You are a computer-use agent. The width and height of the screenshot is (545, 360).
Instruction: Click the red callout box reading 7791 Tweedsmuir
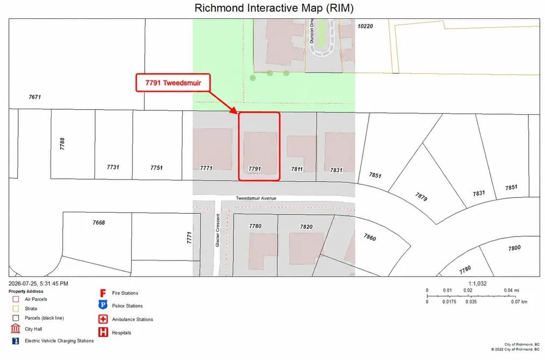173,83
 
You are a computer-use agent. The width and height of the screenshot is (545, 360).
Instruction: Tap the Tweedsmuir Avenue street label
256,198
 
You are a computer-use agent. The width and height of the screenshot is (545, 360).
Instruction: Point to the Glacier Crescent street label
217,230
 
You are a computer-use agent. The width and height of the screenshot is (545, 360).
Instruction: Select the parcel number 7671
35,97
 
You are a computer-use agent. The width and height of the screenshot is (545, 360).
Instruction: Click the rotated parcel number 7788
62,144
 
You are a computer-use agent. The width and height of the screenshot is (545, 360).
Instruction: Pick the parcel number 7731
113,167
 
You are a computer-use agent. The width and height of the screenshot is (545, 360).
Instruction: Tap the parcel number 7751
157,168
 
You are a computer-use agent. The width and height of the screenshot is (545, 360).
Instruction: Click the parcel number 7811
297,169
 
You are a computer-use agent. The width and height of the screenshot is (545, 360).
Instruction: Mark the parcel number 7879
421,196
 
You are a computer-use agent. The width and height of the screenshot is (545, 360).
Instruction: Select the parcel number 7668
98,222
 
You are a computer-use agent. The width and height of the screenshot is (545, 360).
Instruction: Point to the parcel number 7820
306,227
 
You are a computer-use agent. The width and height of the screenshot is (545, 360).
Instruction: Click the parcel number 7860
370,237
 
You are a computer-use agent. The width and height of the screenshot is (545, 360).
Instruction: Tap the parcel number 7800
514,248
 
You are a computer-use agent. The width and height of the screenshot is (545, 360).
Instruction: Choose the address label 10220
365,26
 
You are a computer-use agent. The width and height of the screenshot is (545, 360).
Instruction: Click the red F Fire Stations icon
103,293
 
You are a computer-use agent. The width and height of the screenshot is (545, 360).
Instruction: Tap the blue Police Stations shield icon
103,305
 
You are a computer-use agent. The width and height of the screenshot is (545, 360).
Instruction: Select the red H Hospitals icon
103,332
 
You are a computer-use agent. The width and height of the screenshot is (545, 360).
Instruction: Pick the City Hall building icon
16,328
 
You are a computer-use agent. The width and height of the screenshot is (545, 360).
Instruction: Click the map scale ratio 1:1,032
477,284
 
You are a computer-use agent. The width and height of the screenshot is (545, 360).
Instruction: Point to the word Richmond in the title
220,8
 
